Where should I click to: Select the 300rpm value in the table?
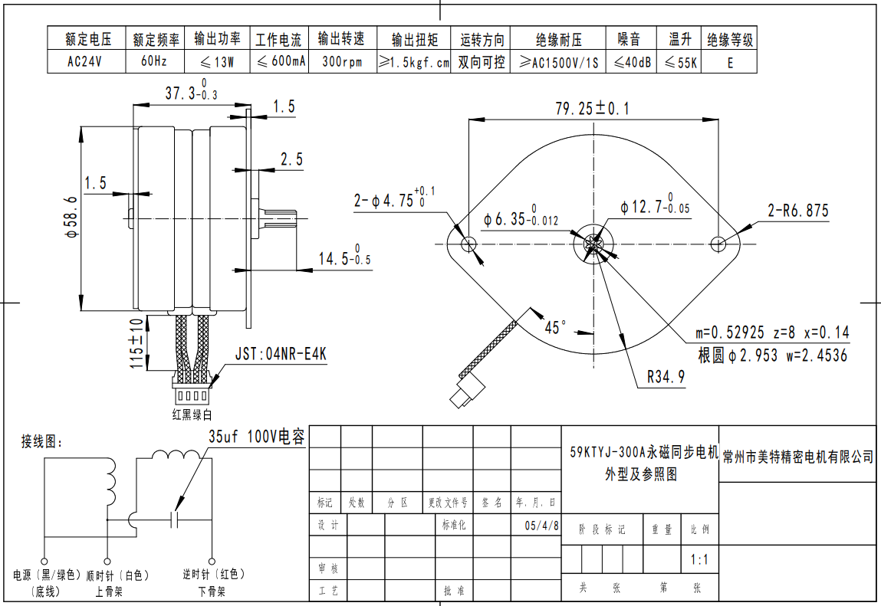341,63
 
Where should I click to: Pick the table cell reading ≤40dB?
633,63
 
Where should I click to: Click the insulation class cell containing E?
730,63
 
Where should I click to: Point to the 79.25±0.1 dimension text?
592,109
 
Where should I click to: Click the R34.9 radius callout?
666,377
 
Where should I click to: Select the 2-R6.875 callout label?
798,211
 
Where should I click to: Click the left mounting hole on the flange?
469,244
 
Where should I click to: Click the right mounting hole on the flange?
718,244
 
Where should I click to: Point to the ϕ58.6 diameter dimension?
72,218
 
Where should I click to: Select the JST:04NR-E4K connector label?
281,355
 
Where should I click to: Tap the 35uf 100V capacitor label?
257,437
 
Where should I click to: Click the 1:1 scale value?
699,559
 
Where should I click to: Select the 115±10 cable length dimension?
137,343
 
